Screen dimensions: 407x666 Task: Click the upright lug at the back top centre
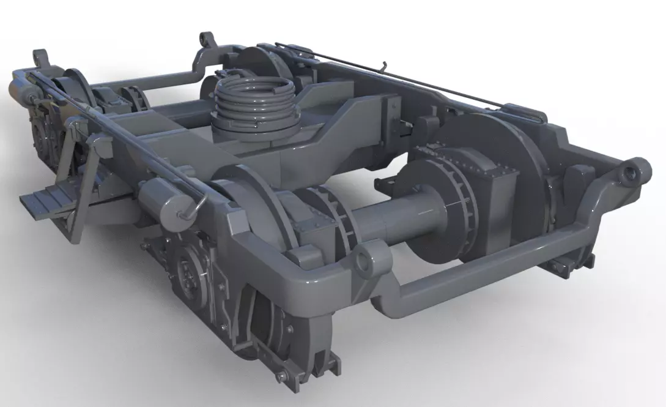coord(209,45)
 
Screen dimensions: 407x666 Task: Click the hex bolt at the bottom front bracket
coord(283,375)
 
